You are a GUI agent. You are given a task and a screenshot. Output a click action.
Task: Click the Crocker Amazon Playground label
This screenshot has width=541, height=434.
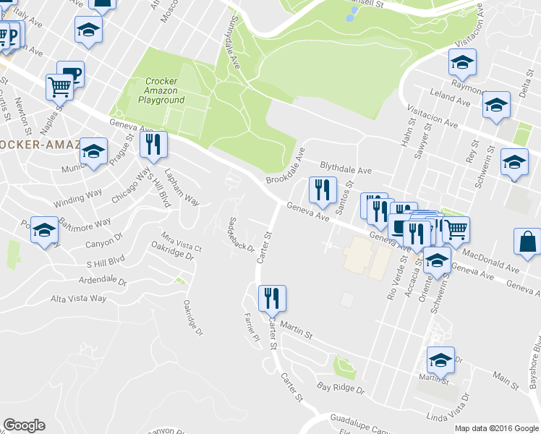coord(164,90)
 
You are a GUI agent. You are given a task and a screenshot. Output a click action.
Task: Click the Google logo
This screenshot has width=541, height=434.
coord(24,425)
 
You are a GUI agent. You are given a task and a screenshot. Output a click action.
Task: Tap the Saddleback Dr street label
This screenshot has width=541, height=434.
coord(240,234)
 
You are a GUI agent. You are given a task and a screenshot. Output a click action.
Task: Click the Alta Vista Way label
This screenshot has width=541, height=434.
coord(78,298)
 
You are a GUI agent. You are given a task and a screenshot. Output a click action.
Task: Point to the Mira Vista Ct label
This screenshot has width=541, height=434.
coord(181,242)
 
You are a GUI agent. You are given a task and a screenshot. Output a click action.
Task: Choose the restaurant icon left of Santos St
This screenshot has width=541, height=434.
coord(323,190)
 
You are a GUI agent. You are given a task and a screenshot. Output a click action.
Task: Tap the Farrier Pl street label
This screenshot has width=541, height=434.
coord(250,328)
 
